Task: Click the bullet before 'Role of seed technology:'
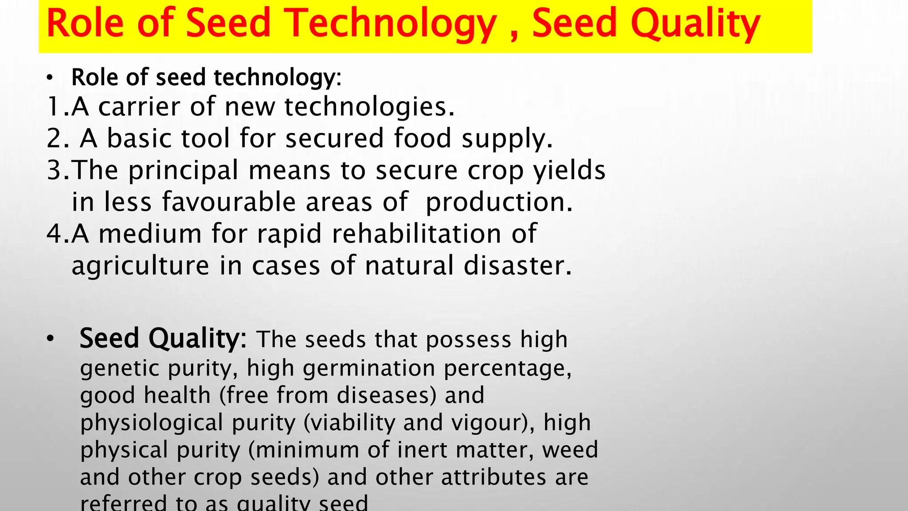pos(50,79)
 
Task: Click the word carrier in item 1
pos(139,107)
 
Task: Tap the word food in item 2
pos(423,138)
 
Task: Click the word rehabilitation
pos(416,234)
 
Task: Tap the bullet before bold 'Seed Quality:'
pos(50,339)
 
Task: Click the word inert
pos(423,450)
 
